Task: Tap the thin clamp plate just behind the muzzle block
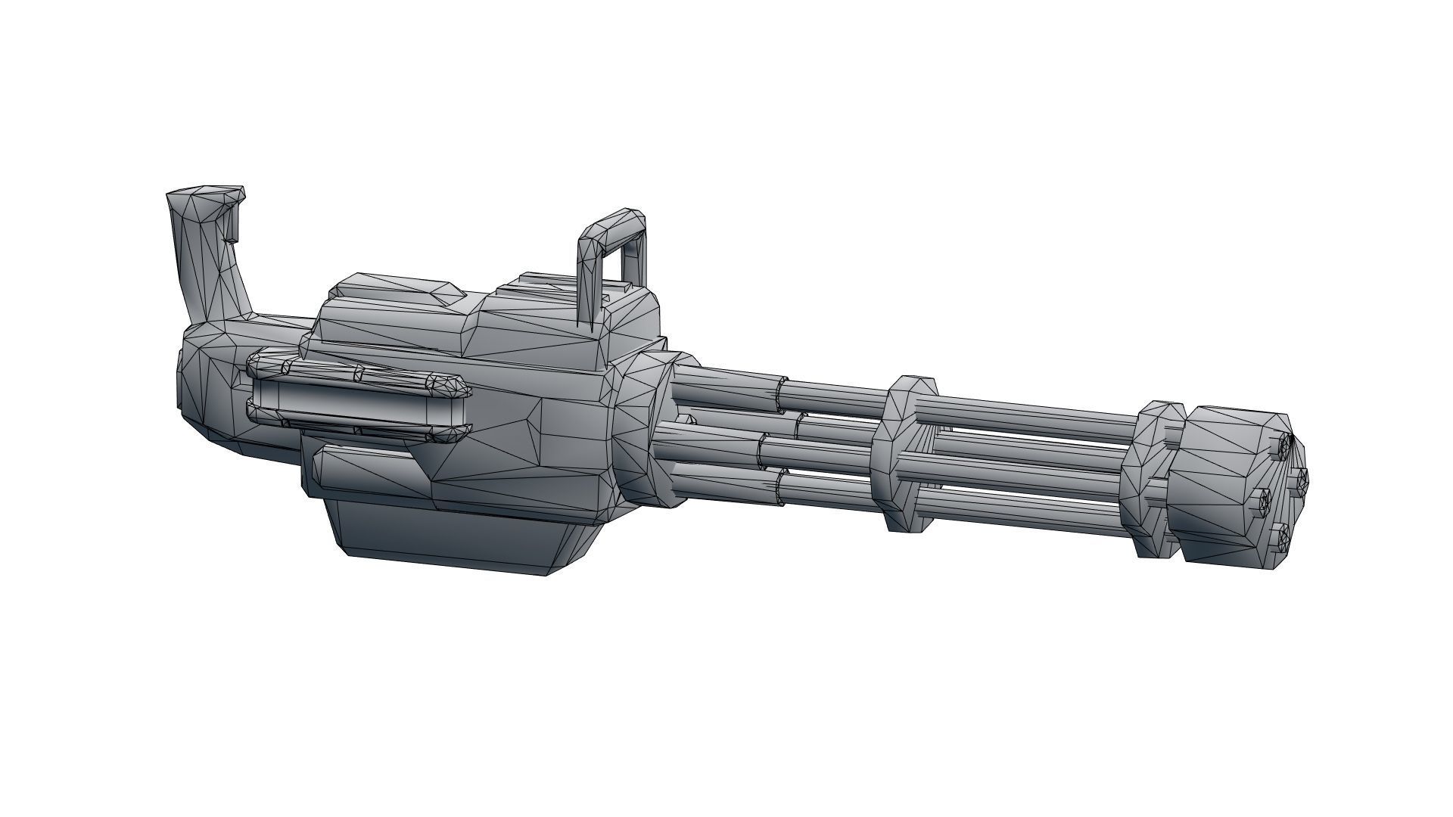tap(1150, 484)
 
